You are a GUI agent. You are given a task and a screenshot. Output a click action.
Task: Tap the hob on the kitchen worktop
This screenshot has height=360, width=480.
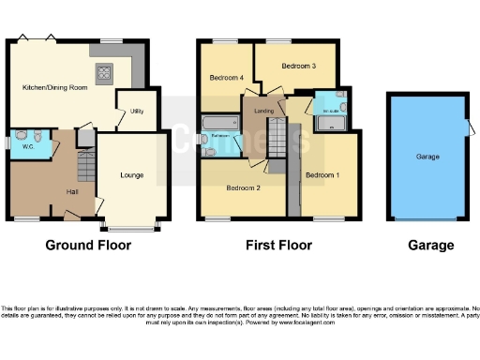point(104,71)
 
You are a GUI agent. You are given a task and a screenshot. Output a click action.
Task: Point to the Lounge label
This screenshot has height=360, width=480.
point(131,174)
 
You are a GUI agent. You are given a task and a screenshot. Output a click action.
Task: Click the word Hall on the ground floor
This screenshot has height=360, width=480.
point(46,191)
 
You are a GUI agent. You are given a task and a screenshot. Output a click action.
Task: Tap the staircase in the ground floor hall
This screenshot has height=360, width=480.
point(84,169)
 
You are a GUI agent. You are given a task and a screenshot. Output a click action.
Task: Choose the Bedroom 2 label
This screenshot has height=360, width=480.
point(243,187)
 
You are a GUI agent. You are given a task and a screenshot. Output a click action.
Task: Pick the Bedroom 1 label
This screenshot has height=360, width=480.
point(321,174)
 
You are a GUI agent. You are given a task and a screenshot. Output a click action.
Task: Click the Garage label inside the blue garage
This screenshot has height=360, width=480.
point(428,157)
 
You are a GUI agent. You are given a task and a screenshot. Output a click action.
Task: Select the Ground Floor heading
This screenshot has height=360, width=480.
point(89,246)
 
